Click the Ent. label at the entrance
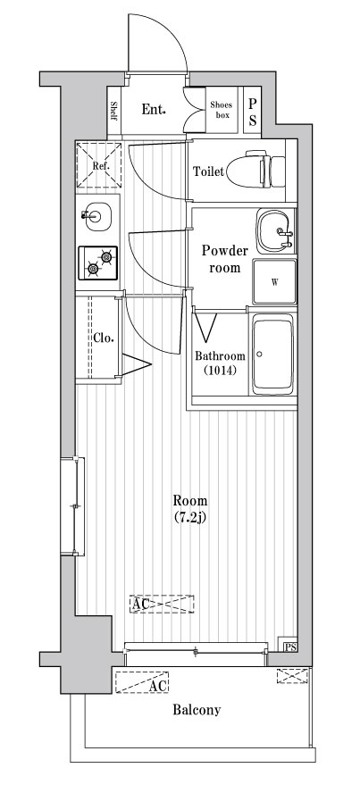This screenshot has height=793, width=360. coord(154,109)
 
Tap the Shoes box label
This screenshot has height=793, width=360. coord(222,110)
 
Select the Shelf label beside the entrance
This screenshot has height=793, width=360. coord(114,112)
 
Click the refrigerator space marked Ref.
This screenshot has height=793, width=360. coord(99,165)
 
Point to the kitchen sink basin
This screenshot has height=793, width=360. coord(97,217)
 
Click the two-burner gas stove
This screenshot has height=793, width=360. coord(97,263)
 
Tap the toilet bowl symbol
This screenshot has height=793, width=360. coord(255,170)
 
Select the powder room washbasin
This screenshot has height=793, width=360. coord(274,231)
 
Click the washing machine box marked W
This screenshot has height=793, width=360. coord(274,282)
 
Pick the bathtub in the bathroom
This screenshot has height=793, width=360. coord(273,354)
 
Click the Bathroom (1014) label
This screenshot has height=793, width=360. coord(220,363)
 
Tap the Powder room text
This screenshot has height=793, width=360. coord(225,258)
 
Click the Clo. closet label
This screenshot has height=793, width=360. coord(103,338)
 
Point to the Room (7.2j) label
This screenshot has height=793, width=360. coord(190,509)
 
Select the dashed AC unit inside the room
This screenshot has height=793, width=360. coord(162,604)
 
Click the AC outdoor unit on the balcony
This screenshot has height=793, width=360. coord(142,682)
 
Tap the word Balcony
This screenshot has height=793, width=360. coord(197,711)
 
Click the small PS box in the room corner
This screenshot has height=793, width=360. coord(289,647)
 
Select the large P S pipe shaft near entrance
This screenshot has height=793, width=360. coord(252,112)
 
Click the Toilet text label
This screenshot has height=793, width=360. coord(208,171)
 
